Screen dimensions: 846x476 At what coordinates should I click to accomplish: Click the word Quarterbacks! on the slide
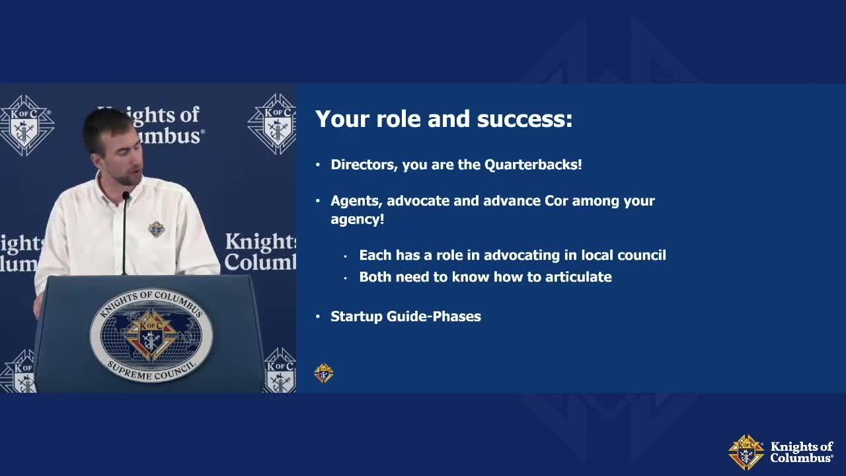(533, 165)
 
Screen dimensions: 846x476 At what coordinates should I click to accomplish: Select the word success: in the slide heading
(525, 119)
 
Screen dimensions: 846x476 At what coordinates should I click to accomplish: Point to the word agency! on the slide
(358, 220)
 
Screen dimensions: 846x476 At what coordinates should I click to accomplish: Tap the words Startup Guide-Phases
(406, 317)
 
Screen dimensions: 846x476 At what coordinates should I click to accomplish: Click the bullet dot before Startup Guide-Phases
(318, 317)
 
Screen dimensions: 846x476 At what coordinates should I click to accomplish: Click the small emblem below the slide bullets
(324, 374)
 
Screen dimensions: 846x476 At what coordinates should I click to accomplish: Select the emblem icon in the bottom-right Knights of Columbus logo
(746, 452)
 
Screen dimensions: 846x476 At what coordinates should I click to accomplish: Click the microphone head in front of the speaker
(126, 196)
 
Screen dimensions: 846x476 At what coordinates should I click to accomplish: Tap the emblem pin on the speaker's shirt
(157, 229)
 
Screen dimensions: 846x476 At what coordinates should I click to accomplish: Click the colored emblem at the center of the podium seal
(151, 335)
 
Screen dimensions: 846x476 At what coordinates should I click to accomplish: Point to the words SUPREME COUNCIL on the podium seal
(152, 371)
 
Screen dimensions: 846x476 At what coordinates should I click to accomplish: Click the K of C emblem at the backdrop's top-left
(26, 126)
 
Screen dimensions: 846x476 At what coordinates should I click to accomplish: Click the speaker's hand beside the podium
(38, 305)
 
